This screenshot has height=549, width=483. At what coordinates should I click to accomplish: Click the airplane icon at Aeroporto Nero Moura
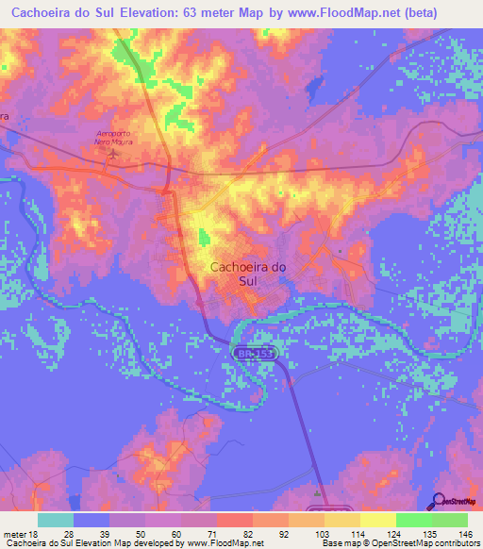click(115, 153)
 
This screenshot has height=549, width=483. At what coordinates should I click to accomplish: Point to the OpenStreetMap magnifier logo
click(440, 500)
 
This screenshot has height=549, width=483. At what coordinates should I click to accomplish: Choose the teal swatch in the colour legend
click(56, 520)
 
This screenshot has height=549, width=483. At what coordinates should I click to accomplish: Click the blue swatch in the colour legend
click(92, 520)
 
